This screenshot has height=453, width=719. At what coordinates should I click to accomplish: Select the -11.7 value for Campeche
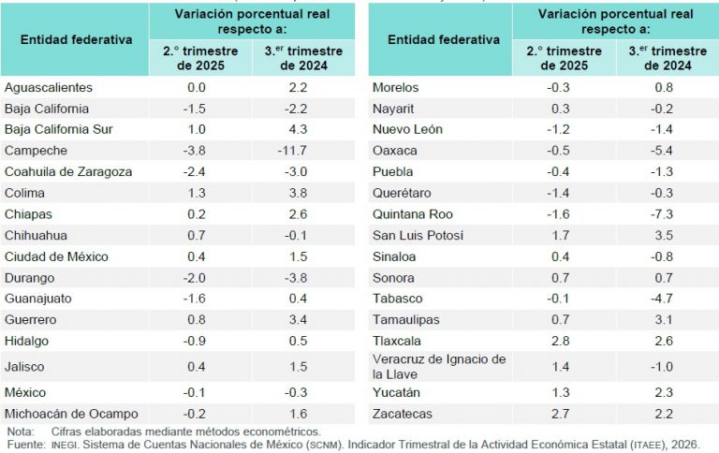click(x=302, y=150)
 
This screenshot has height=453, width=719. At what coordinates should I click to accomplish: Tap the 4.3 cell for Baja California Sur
click(x=303, y=129)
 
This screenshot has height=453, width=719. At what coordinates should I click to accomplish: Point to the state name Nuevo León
click(x=407, y=129)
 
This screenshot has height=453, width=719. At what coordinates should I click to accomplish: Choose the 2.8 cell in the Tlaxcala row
click(x=560, y=341)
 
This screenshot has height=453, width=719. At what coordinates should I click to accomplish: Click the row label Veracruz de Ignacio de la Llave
click(x=438, y=366)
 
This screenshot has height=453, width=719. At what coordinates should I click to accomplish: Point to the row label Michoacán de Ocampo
click(x=71, y=413)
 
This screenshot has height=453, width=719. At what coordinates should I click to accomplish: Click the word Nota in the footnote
click(x=19, y=431)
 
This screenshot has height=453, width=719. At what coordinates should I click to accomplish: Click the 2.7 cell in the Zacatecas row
click(x=560, y=413)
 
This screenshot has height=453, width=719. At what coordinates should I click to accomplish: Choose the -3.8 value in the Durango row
click(x=303, y=277)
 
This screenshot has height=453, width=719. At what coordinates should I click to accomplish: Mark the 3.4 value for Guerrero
click(x=303, y=319)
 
